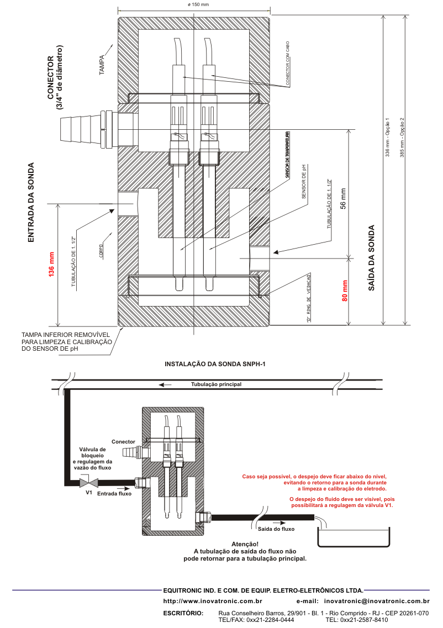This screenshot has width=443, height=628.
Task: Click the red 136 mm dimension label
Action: [52, 265]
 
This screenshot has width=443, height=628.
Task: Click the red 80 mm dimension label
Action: [345, 291]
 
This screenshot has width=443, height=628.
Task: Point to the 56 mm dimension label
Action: [342, 198]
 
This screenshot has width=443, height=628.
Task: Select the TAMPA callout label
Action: [102, 64]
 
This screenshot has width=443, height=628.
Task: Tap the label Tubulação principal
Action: [216, 384]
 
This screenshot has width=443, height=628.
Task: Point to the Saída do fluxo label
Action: [277, 529]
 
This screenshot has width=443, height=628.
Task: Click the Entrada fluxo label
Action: [114, 493]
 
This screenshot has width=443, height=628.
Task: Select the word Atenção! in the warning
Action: [245, 543]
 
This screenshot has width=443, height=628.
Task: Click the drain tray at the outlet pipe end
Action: [353, 536]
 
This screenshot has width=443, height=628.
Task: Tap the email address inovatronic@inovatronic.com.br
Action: [377, 600]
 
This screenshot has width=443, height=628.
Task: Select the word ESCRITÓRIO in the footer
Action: [184, 613]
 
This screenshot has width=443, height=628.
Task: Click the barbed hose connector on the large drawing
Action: [83, 130]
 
